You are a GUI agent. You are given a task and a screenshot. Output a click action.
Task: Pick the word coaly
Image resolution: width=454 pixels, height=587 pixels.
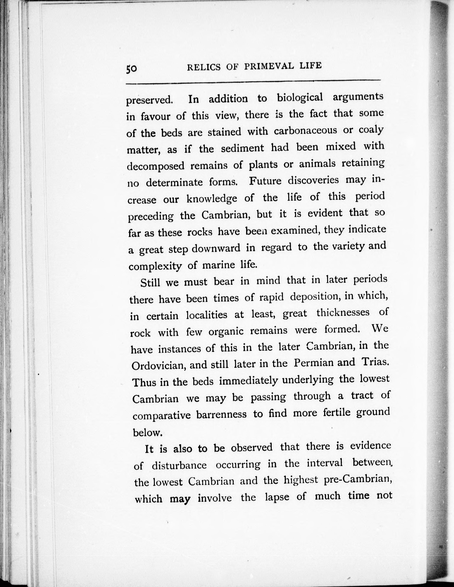(x=371, y=130)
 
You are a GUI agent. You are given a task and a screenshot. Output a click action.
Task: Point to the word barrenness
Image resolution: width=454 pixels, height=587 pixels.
(x=221, y=414)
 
